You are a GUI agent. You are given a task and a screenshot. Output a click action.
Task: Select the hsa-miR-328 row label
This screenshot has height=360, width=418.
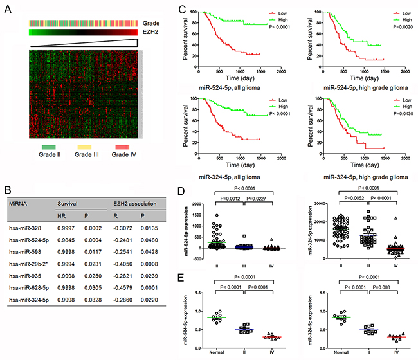(x=31, y=225)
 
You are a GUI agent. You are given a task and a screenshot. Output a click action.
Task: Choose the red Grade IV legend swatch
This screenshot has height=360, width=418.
(x=121, y=146)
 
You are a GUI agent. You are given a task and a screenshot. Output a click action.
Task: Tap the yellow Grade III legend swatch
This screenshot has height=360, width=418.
(x=82, y=146)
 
